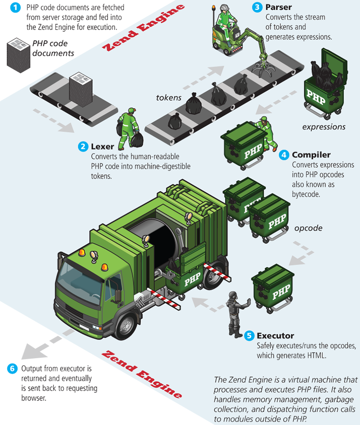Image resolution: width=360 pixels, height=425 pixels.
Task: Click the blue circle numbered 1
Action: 16,8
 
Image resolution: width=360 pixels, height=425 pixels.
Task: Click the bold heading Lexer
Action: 102,147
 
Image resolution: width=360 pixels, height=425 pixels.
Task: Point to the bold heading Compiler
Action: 311,155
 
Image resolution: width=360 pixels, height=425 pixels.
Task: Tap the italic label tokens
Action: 169,97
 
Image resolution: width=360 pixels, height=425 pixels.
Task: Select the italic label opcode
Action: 308,228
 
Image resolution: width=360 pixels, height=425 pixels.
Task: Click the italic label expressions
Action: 324,127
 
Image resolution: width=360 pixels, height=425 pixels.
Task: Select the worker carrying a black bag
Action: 129,129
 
